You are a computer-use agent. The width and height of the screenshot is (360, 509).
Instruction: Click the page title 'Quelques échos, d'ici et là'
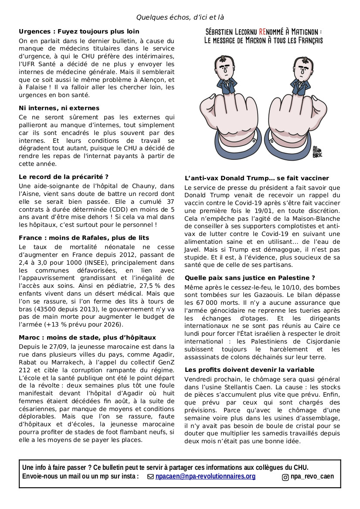pyautogui.click(x=180, y=17)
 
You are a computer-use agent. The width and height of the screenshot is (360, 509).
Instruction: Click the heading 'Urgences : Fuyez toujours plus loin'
pyautogui.click(x=79, y=31)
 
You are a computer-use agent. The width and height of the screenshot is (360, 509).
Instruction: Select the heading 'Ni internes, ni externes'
pyautogui.click(x=59, y=108)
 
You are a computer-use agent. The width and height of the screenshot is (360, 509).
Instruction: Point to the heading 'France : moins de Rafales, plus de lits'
pyautogui.click(x=84, y=238)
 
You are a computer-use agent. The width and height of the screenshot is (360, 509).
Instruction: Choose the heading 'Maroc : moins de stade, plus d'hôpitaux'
pyautogui.click(x=87, y=337)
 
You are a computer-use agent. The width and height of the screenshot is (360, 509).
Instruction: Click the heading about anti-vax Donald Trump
pyautogui.click(x=257, y=178)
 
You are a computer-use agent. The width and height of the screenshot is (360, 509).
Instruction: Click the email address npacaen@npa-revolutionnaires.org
pyautogui.click(x=205, y=476)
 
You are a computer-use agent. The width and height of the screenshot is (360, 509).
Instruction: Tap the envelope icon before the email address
pyautogui.click(x=151, y=477)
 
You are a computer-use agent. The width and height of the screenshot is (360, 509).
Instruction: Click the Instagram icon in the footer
pyautogui.click(x=285, y=477)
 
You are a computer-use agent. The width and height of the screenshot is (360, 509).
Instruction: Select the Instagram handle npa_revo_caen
pyautogui.click(x=312, y=476)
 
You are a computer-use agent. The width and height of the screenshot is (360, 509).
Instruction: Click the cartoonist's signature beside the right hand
pyautogui.click(x=317, y=152)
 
